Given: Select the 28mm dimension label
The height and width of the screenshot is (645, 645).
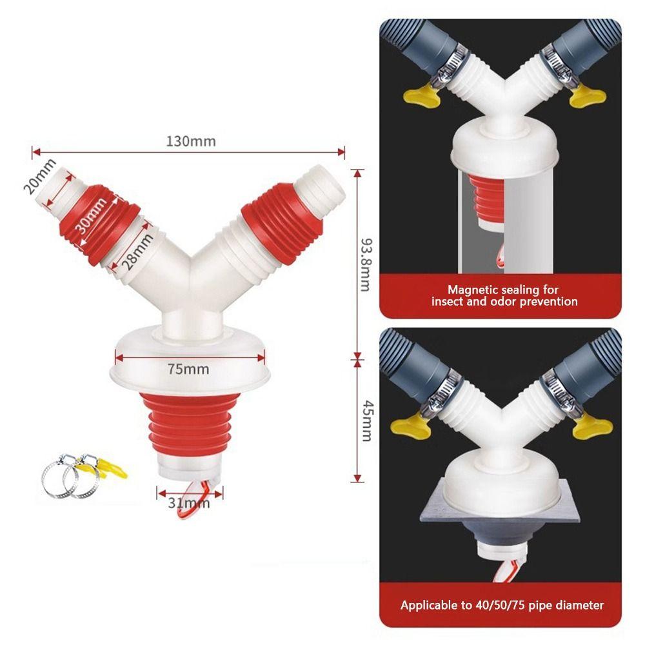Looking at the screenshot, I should click(136, 253).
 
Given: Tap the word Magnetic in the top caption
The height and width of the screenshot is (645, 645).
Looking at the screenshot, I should click(473, 290).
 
